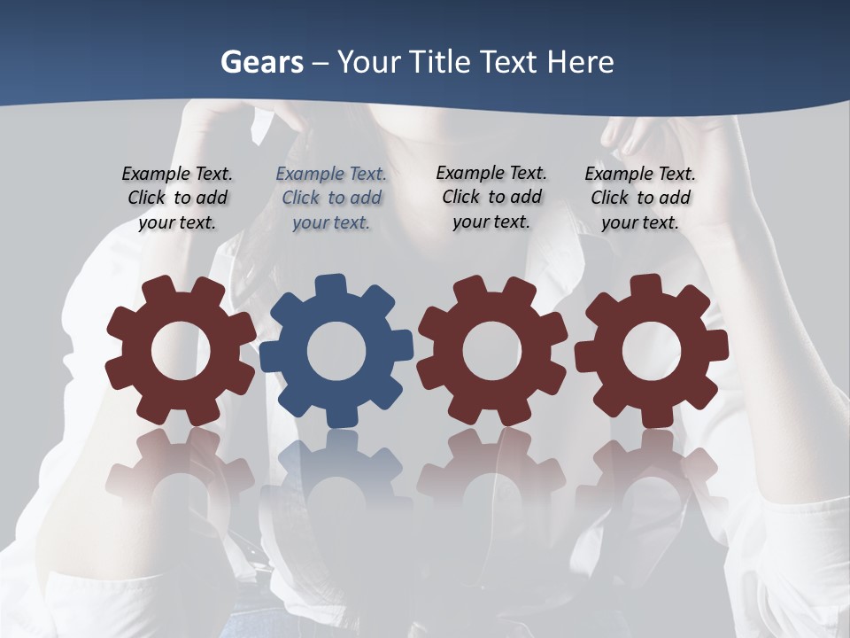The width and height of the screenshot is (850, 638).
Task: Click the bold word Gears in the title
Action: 261,62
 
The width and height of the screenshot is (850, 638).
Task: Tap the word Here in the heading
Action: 580,62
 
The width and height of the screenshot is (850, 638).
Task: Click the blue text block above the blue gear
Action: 331,198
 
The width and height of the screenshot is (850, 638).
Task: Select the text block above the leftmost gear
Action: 177,198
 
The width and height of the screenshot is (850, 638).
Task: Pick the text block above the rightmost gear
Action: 640,198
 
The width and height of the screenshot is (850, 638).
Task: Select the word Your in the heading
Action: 367,62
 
